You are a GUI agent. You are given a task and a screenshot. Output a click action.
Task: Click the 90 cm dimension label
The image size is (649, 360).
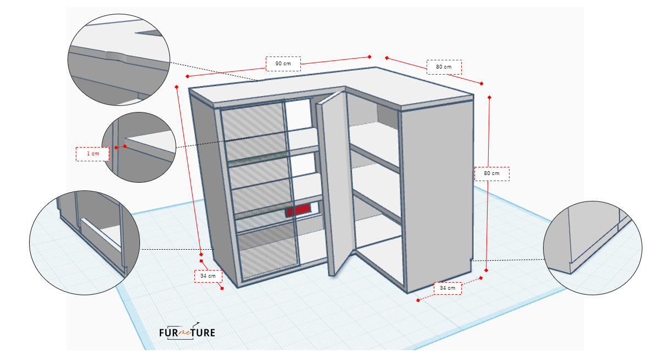[x=283, y=64]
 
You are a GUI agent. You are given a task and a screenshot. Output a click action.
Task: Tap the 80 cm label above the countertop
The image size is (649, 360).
[x=444, y=67]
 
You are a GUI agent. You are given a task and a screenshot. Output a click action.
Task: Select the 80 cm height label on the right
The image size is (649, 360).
[x=492, y=173]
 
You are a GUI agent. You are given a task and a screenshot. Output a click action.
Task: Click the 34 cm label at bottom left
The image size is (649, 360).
[x=208, y=276]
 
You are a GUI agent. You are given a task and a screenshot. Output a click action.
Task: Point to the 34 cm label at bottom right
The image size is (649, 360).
[x=447, y=288]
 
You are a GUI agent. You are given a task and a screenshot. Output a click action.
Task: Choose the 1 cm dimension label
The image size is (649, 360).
[x=93, y=154]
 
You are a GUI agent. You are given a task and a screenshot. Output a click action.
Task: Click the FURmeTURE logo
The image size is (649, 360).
[x=187, y=331]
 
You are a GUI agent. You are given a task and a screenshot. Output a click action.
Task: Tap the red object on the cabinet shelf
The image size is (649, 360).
[x=298, y=210]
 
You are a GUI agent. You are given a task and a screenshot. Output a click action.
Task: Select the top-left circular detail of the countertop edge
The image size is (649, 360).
[x=119, y=60]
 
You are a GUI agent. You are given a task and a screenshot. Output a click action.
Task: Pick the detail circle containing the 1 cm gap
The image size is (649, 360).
[x=139, y=147]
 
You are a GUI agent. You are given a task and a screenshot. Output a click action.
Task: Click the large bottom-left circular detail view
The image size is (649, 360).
[x=85, y=243]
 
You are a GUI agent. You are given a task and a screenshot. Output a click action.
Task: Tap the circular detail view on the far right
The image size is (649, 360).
[x=592, y=248]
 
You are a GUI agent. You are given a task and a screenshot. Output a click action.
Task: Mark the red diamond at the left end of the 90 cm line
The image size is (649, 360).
[x=187, y=76]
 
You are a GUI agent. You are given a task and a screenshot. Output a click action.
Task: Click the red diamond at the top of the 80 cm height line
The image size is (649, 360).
[x=489, y=98]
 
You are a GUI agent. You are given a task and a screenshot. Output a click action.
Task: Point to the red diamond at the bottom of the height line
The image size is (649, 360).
[x=486, y=271]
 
